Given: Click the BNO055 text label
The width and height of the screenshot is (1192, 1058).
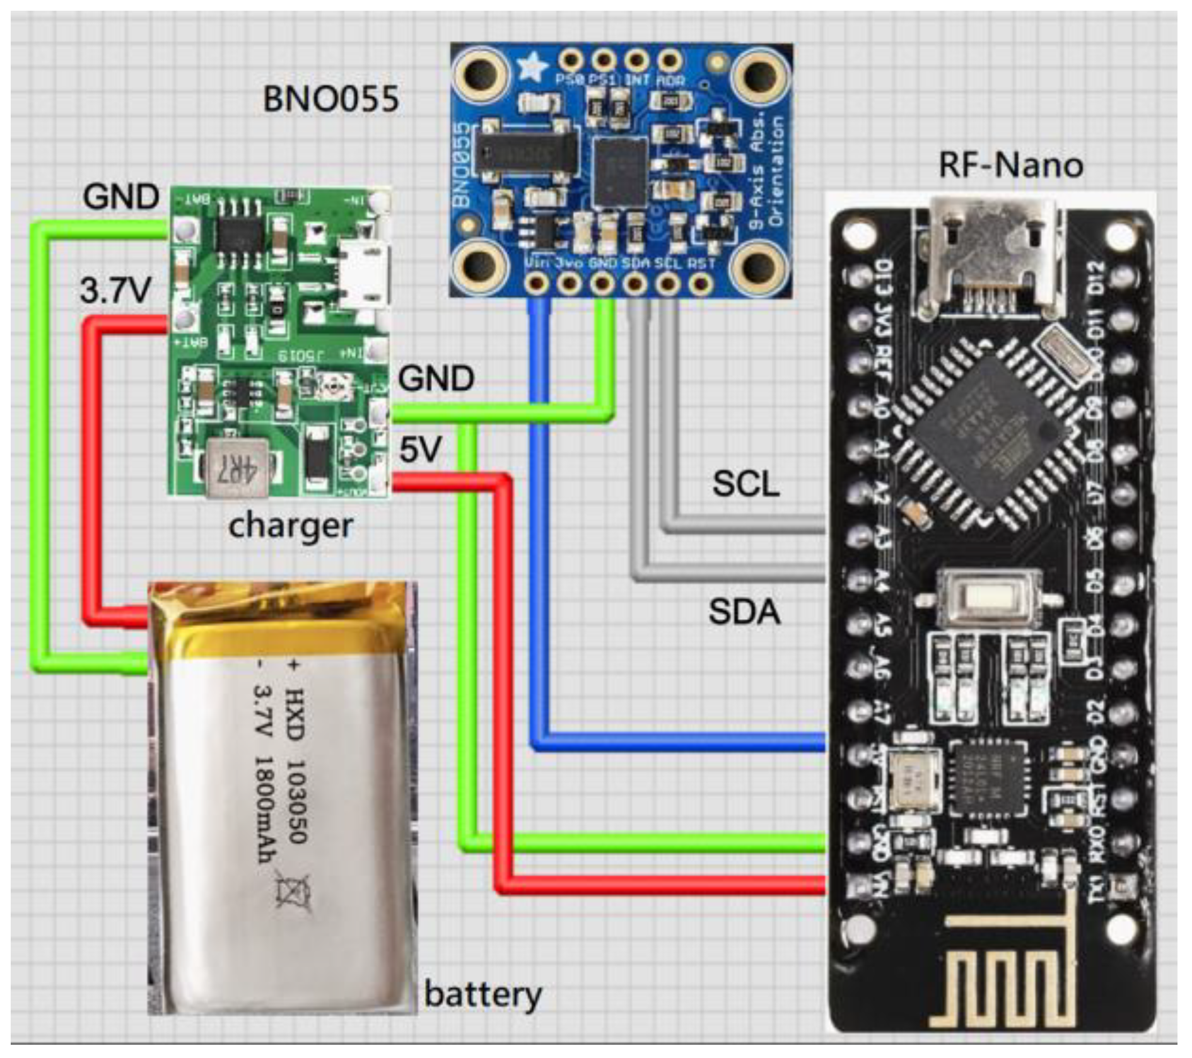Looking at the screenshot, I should coord(331,99).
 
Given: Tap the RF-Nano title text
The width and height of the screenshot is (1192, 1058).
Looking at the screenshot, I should coord(1010,165).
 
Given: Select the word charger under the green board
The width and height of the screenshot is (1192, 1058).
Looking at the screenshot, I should coord(290,525).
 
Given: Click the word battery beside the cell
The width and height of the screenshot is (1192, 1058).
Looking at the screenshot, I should coord(482,995).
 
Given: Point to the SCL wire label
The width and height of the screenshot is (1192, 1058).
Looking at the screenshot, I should coord(745,484).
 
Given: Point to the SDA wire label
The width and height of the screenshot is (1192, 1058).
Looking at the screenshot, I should coord(744,612).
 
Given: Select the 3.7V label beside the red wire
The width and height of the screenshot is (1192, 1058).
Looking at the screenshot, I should coord(115,291).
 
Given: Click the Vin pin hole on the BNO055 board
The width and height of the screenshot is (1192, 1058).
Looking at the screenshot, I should coord(537,284).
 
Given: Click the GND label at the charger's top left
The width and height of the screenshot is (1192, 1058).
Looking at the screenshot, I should coord(121,197).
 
